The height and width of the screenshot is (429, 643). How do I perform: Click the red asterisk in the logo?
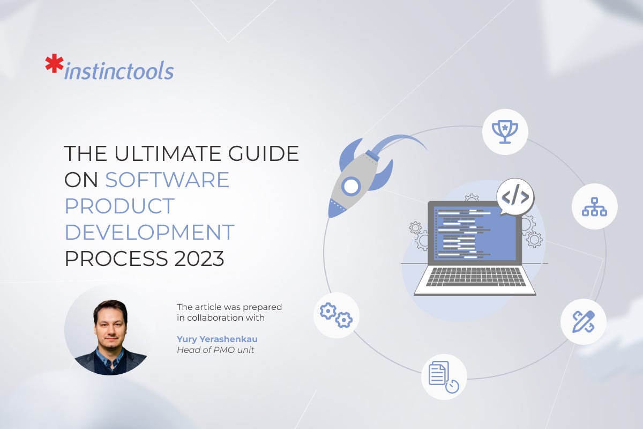click(54, 64)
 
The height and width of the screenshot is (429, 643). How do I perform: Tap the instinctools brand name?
click(118, 71)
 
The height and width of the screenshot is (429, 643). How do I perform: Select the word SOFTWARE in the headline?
click(167, 180)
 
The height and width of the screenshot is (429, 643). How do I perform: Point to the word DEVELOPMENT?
click(149, 232)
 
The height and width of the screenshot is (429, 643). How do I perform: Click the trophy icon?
click(505, 131)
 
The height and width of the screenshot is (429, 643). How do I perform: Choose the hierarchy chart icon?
click(594, 206)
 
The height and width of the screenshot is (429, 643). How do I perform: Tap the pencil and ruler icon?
click(583, 321)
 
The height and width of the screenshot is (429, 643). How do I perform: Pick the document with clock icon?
click(443, 377)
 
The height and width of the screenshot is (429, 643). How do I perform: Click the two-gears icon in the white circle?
click(336, 315)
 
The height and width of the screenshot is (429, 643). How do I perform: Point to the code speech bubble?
click(515, 197)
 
